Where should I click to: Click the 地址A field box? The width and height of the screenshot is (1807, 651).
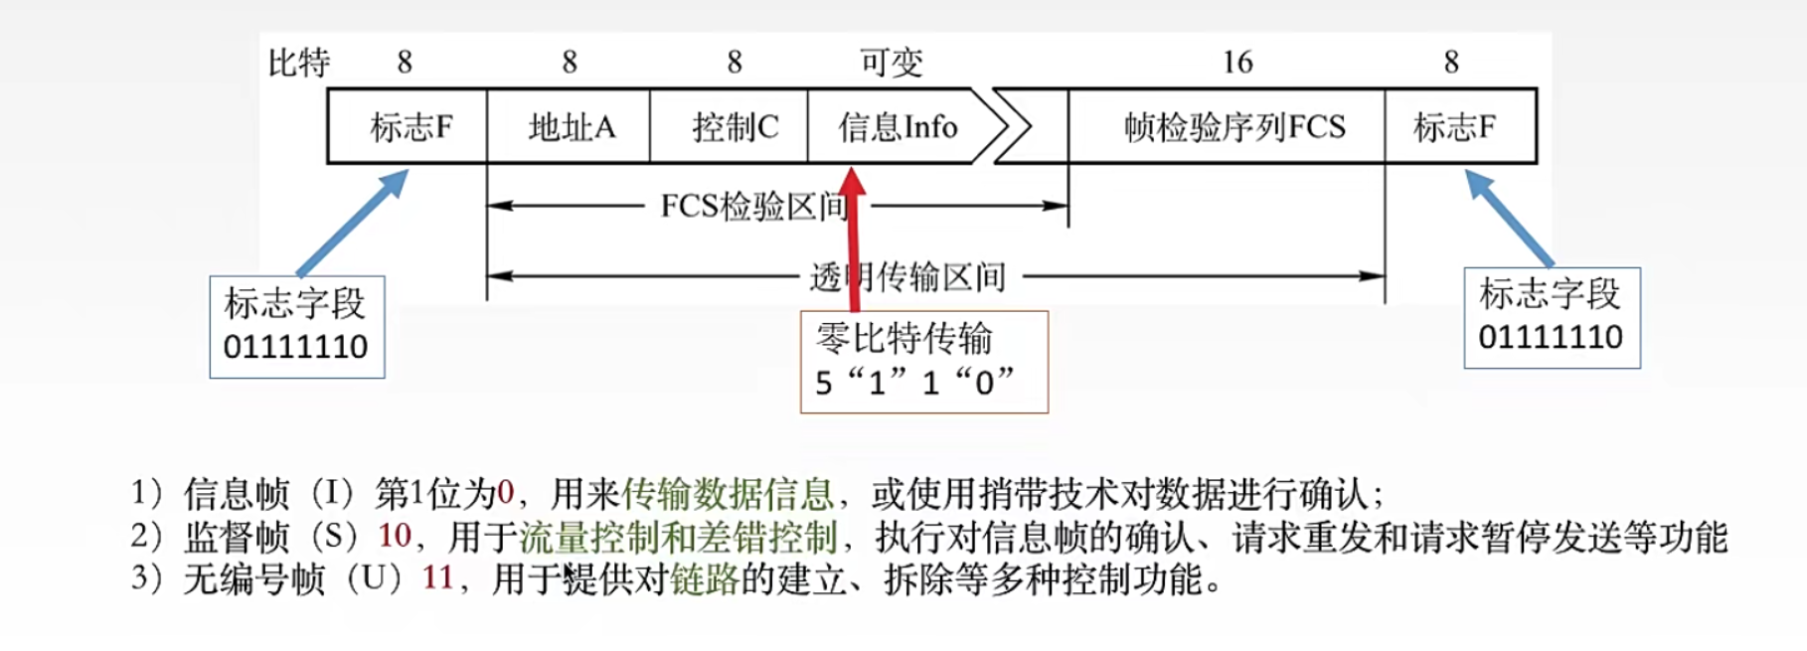click(x=569, y=126)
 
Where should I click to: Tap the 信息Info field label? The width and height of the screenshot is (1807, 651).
click(x=898, y=127)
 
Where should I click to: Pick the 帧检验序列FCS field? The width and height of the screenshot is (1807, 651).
click(x=1233, y=127)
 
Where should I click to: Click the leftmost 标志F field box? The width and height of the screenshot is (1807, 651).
click(x=409, y=126)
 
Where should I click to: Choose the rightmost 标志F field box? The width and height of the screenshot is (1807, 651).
click(x=1458, y=126)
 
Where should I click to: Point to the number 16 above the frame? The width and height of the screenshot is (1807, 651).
click(x=1237, y=63)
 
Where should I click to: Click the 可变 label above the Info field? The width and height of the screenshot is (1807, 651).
click(x=892, y=63)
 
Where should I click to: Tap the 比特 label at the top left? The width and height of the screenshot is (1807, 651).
click(x=299, y=63)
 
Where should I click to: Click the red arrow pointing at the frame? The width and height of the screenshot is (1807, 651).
click(x=853, y=239)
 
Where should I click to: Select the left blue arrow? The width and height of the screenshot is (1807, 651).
click(x=354, y=222)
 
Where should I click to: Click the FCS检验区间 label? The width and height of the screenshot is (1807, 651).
click(x=753, y=207)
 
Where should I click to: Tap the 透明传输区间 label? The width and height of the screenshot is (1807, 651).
click(x=907, y=276)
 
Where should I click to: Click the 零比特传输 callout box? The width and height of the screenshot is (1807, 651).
click(x=923, y=362)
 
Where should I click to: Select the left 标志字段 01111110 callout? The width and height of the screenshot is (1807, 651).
click(x=296, y=326)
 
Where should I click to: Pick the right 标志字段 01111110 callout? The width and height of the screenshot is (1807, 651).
click(x=1552, y=317)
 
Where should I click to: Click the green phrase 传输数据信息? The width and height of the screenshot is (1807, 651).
click(x=727, y=493)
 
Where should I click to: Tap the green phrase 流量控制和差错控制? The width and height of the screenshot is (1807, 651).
click(x=679, y=537)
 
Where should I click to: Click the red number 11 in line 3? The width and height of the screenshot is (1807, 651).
click(x=437, y=577)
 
